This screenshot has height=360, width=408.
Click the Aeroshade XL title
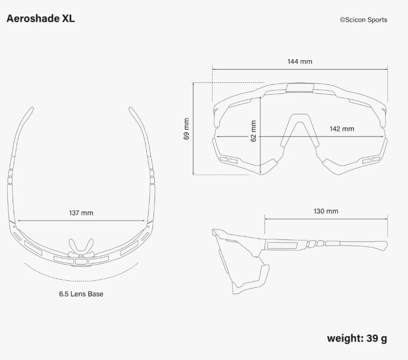(x=40, y=18)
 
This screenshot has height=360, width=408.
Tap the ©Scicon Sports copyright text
(x=363, y=20)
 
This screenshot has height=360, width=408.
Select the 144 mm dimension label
(x=300, y=61)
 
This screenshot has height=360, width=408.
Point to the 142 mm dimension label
(x=341, y=129)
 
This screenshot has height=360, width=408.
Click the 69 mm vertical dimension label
(x=186, y=129)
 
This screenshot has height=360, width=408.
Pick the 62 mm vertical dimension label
(x=253, y=131)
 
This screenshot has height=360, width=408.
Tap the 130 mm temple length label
(x=326, y=211)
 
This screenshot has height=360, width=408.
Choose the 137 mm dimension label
(x=81, y=213)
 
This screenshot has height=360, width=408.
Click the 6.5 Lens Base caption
(x=81, y=294)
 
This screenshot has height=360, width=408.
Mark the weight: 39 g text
(x=357, y=338)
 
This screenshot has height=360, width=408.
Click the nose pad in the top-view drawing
(x=81, y=245)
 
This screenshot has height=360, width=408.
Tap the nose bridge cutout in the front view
(x=300, y=131)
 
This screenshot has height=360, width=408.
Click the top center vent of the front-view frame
(x=300, y=87)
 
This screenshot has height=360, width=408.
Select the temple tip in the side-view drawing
(x=381, y=245)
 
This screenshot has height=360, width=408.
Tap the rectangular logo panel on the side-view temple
(x=282, y=244)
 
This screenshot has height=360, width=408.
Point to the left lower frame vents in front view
(x=228, y=159)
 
